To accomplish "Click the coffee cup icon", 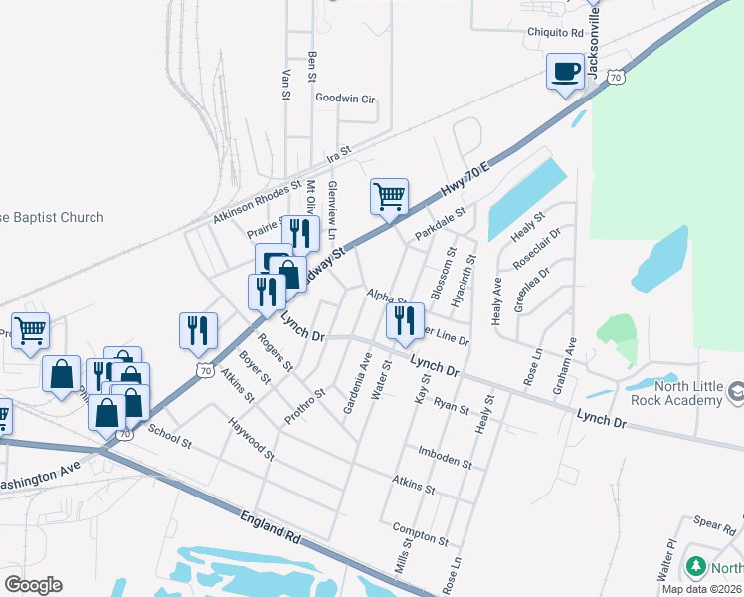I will click(566, 72).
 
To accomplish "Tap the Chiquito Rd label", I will click(554, 31).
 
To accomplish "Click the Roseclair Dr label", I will click(537, 248).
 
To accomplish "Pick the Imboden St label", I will click(445, 457).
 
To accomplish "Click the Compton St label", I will click(421, 533).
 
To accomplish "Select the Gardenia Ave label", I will click(358, 386).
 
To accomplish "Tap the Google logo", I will click(34, 585).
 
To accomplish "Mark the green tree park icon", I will click(696, 568).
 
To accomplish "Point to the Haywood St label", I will click(249, 439).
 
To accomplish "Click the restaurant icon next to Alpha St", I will click(404, 319).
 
